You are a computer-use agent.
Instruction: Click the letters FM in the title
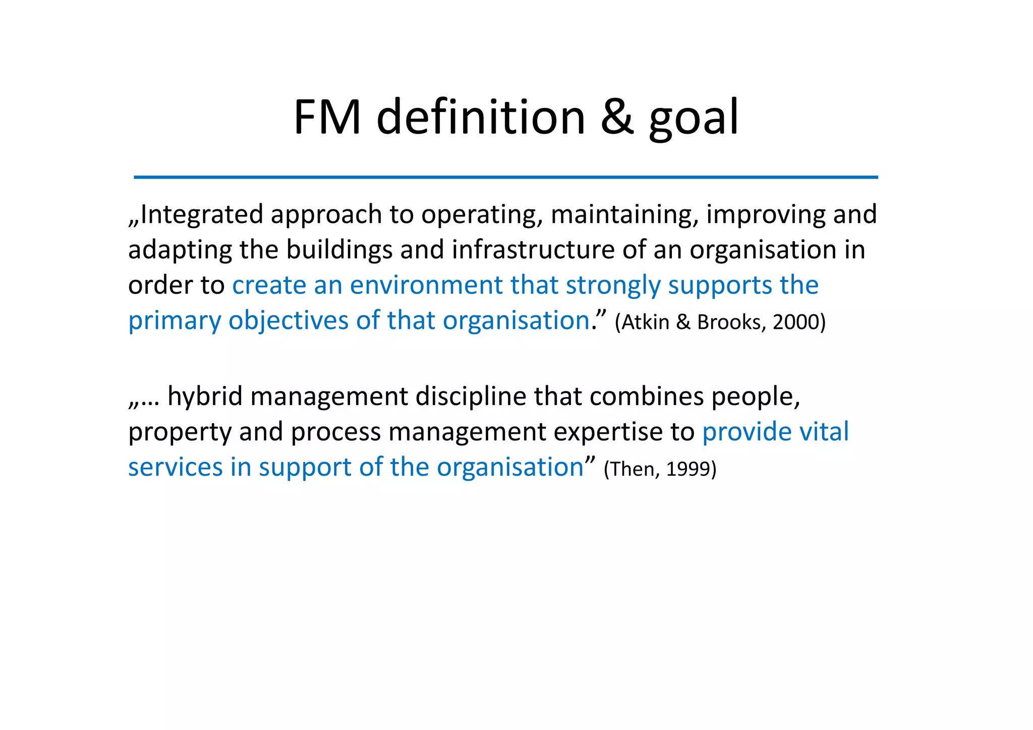click(x=327, y=118)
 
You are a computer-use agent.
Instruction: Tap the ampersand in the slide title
click(x=617, y=118)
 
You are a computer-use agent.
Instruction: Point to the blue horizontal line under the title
click(x=505, y=177)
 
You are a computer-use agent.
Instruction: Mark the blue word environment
click(x=426, y=286)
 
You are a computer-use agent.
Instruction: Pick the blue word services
click(x=175, y=467)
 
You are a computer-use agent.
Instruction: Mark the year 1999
click(x=688, y=469)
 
